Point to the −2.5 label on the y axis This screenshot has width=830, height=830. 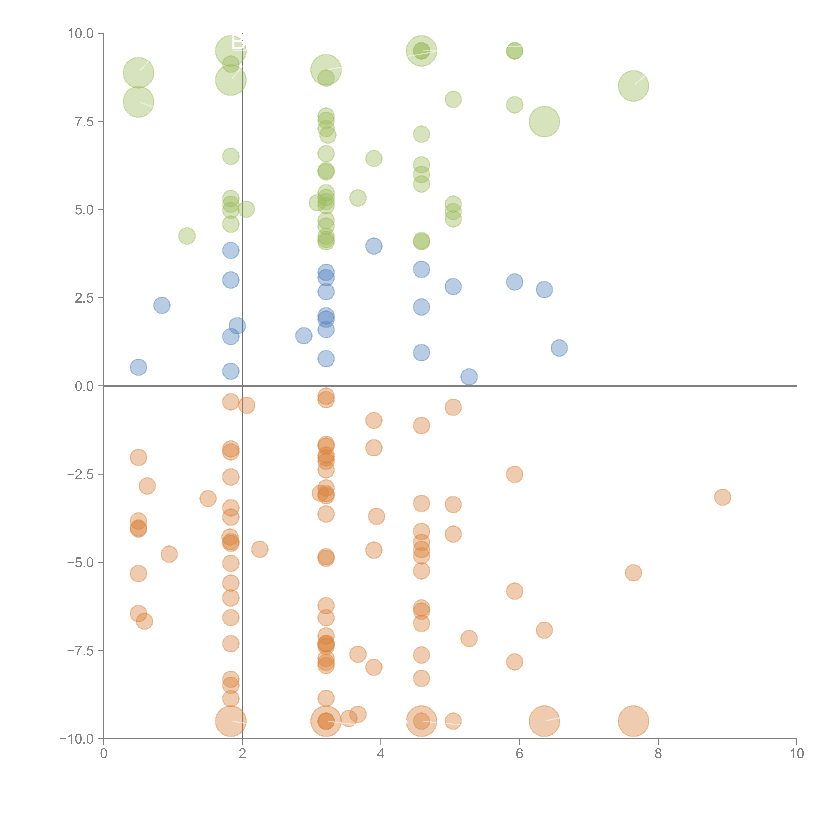pyautogui.click(x=81, y=474)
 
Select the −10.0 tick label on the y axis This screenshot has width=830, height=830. pyautogui.click(x=77, y=739)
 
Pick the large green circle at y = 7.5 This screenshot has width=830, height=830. pyautogui.click(x=544, y=122)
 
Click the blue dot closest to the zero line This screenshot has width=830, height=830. pyautogui.click(x=469, y=377)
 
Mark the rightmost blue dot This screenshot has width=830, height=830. pyautogui.click(x=559, y=348)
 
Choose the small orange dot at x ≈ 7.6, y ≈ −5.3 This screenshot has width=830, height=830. pyautogui.click(x=633, y=573)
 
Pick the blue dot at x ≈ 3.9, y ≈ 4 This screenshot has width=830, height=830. pyautogui.click(x=374, y=246)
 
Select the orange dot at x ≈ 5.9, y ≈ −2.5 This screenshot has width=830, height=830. pyautogui.click(x=515, y=474)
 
